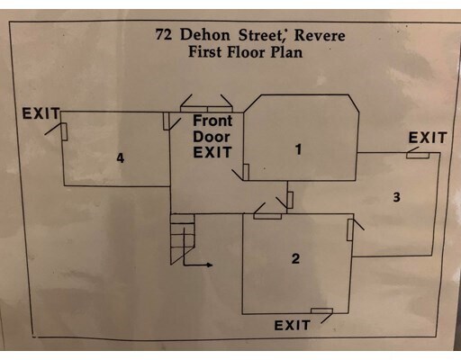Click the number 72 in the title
coord(164,34)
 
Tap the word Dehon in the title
coord(205,34)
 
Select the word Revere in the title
coord(320,35)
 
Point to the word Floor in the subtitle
coord(246,52)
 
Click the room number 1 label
coord(298,149)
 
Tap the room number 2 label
coord(295,258)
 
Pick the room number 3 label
coord(396,197)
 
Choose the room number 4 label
coord(121,157)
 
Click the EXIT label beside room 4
coord(41,113)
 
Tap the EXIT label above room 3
coord(428,138)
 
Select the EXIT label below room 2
coord(292,326)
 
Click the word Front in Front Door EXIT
coord(212,121)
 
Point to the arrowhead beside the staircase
coord(209,265)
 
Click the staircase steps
coord(182,239)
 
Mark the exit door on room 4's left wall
coord(64,131)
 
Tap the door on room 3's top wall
coord(418,155)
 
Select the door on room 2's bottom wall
coord(321,310)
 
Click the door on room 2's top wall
coord(267,216)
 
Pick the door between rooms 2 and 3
coord(350,229)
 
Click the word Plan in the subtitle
coord(286,52)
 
